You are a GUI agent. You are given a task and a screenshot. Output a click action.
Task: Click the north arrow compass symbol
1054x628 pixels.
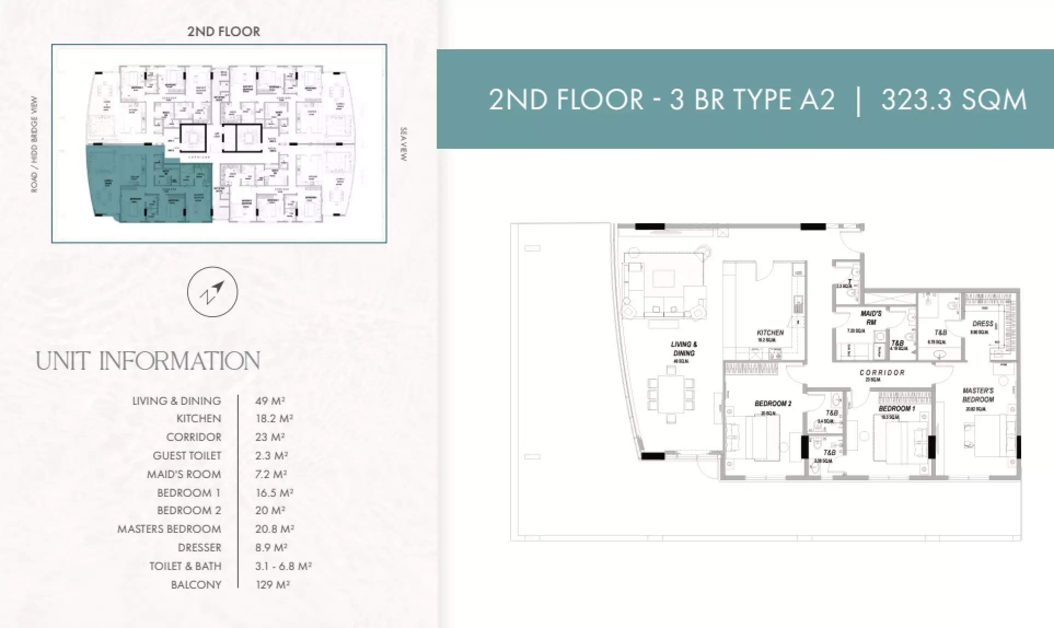click(212, 292)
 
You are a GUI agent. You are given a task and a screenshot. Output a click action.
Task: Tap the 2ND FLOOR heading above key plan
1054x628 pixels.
click(224, 32)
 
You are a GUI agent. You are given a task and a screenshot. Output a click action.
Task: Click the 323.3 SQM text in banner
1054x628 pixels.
click(953, 100)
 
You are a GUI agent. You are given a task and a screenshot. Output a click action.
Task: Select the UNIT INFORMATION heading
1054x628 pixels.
click(148, 361)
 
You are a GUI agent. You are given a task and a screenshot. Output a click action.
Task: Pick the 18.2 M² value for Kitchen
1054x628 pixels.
click(274, 418)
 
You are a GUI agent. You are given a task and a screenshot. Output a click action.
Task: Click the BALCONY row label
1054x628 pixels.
click(196, 585)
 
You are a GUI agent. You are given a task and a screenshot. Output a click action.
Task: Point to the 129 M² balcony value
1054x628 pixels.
click(273, 585)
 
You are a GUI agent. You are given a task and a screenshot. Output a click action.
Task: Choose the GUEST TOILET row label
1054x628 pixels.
click(187, 456)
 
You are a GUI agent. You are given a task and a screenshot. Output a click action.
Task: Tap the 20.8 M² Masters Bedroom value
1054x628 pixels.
click(275, 529)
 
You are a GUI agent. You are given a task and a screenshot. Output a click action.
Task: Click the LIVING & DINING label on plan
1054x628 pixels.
click(684, 348)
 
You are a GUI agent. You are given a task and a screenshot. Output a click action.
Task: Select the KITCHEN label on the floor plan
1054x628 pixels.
click(770, 333)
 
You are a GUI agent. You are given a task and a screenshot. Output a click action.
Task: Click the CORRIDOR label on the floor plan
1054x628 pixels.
click(882, 373)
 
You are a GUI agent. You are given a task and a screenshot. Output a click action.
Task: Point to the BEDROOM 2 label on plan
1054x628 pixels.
click(773, 404)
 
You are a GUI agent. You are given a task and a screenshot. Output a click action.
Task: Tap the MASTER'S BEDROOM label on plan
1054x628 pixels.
click(978, 395)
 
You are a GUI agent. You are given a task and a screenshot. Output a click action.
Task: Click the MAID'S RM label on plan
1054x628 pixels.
click(871, 318)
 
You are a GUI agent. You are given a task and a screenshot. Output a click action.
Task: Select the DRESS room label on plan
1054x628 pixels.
click(982, 324)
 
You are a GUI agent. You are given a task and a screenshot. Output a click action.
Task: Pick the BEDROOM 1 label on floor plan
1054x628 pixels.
click(896, 409)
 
